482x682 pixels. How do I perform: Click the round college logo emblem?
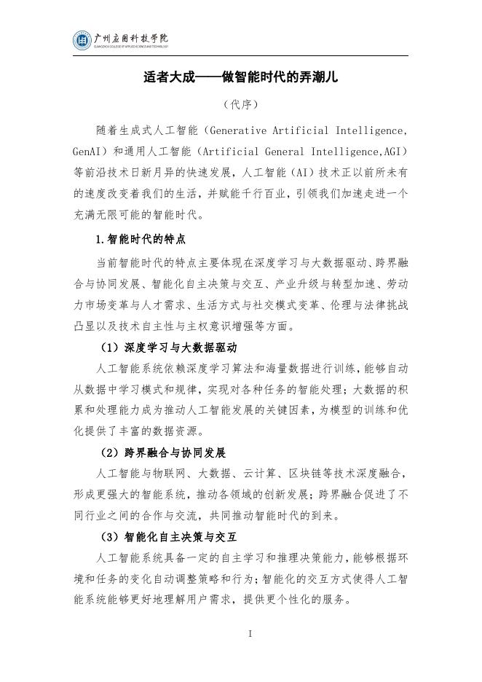(x=82, y=41)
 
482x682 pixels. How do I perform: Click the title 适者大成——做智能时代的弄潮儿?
(x=240, y=77)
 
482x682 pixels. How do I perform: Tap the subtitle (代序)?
(x=240, y=105)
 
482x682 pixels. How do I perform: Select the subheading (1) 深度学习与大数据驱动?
(x=170, y=348)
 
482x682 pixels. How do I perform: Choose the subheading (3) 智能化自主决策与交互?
(x=170, y=538)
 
